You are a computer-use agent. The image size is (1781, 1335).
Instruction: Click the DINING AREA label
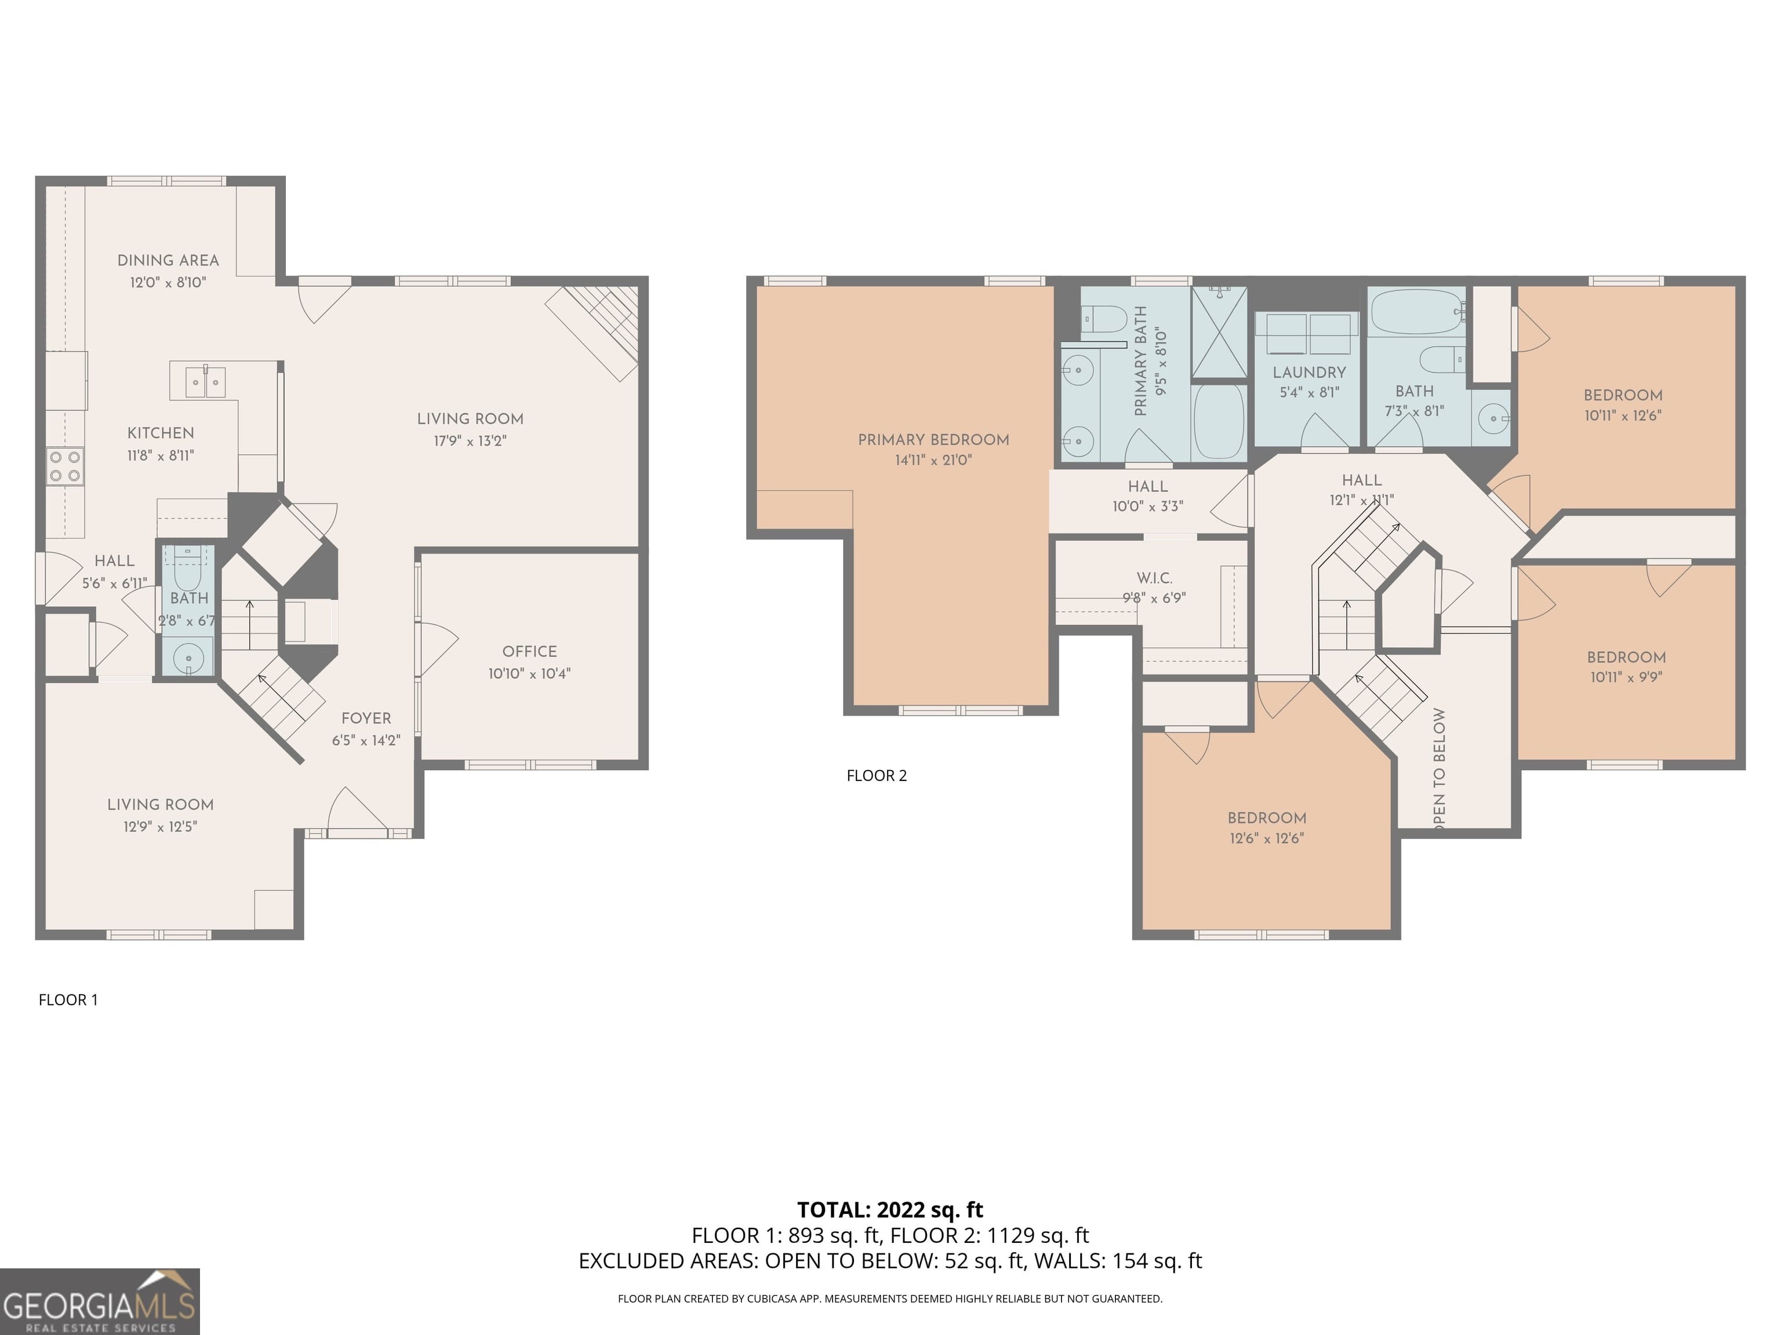[x=168, y=260]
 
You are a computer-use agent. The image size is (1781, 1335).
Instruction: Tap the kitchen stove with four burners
[x=65, y=466]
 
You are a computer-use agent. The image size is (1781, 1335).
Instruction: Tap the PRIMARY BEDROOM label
[x=933, y=439]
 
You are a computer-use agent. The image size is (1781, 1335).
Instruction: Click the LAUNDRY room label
[x=1309, y=373]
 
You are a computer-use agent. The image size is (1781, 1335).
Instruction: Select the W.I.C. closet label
[x=1155, y=578]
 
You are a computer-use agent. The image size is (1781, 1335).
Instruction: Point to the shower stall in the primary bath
[x=1219, y=331]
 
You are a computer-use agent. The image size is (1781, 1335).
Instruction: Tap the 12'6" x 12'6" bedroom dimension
[x=1267, y=838]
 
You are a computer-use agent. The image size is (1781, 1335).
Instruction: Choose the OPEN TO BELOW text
[x=1439, y=768]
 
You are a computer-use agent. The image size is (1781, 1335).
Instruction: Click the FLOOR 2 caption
[x=877, y=776]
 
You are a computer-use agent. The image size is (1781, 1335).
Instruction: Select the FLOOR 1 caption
[x=68, y=1000]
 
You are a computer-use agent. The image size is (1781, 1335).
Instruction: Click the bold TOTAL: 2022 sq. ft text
[x=890, y=1209]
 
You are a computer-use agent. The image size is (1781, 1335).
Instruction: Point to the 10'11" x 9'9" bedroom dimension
[x=1626, y=677]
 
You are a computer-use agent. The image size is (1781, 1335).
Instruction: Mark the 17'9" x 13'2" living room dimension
[x=470, y=441]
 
